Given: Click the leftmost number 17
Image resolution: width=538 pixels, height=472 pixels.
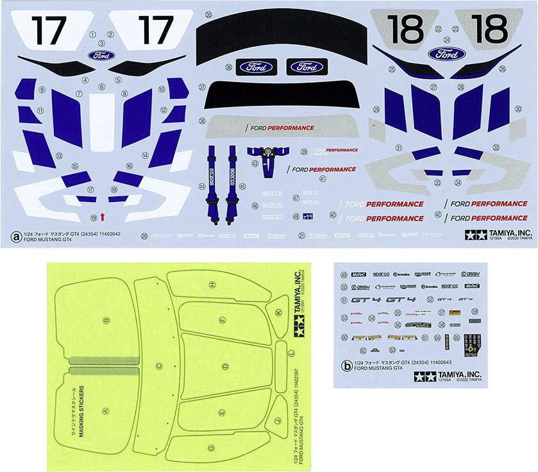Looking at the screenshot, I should pyautogui.click(x=48, y=29).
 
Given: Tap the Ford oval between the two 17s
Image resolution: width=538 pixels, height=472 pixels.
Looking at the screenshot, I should pyautogui.click(x=101, y=55).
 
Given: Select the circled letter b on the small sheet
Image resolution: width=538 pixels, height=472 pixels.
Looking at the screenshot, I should pyautogui.click(x=347, y=367).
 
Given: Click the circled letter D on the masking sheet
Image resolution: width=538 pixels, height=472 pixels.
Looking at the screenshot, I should pyautogui.click(x=225, y=366).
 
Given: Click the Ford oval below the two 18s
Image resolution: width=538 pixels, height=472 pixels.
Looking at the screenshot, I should pyautogui.click(x=446, y=53).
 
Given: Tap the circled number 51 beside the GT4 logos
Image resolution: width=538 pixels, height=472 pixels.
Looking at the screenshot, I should pyautogui.click(x=345, y=299).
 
